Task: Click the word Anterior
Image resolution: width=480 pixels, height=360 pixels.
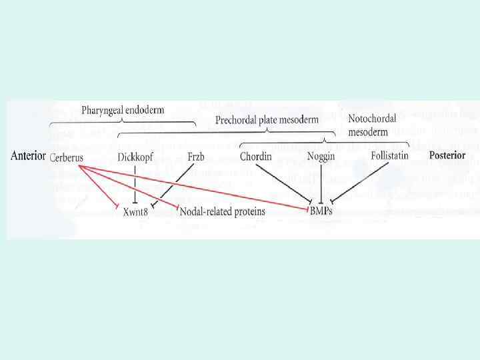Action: (28, 157)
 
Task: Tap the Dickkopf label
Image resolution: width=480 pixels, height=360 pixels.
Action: (139, 157)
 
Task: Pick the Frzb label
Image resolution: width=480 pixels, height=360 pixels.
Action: (196, 157)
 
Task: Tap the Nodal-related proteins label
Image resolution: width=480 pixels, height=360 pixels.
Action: (223, 211)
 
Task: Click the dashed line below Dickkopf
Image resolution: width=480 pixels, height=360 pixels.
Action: (135, 183)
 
